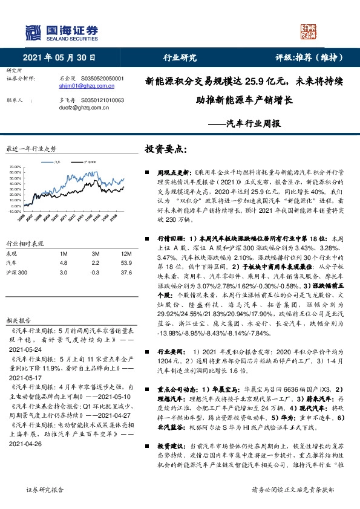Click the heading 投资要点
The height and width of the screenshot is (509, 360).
click(166, 149)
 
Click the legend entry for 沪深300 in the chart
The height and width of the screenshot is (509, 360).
click(88, 162)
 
